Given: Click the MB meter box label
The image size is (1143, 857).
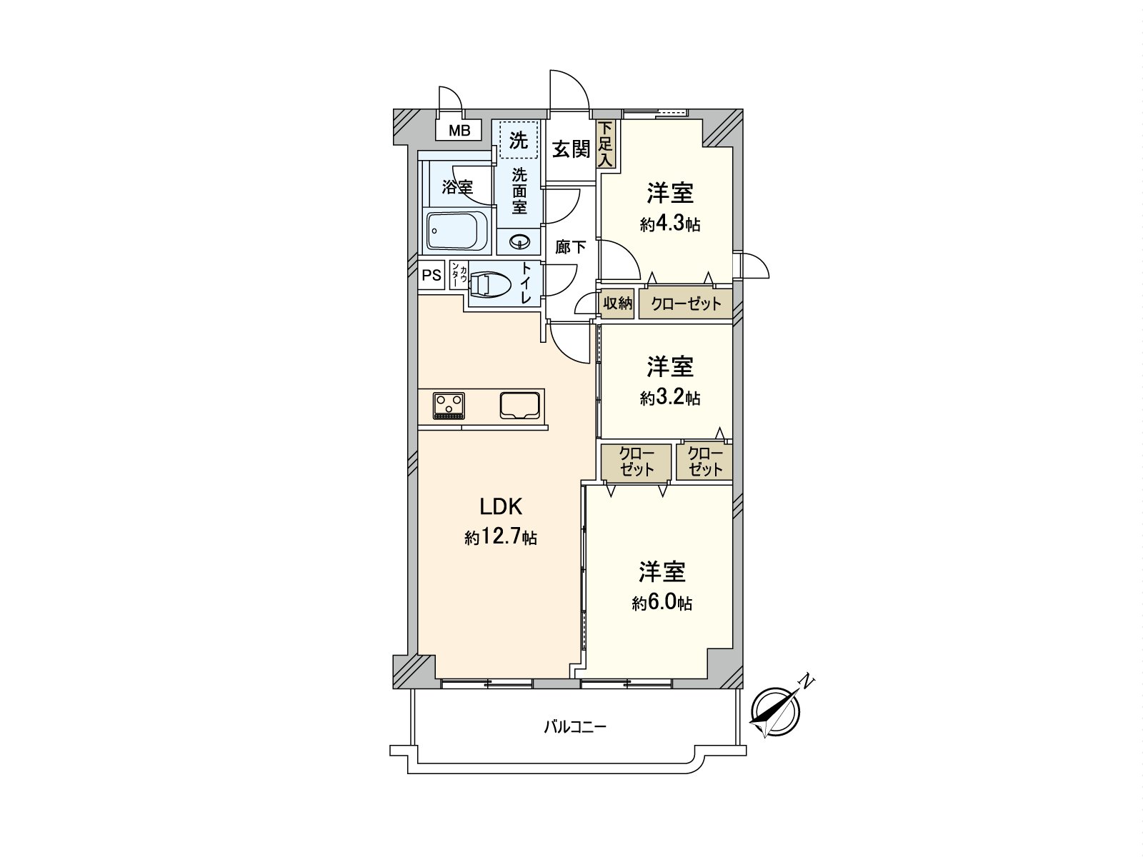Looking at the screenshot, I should tap(459, 131).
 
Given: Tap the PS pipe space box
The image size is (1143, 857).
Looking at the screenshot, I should tap(431, 275).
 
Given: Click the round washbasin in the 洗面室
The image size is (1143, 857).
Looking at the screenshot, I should tap(519, 241).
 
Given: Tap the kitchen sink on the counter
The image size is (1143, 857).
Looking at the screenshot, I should tap(520, 406).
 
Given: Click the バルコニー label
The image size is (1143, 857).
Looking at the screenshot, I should tap(575, 728).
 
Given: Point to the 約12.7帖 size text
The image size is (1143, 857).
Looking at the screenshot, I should tap(501, 537).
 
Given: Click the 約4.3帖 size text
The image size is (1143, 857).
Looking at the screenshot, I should tap(670, 224).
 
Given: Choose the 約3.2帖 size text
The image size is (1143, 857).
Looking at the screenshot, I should tap(670, 398).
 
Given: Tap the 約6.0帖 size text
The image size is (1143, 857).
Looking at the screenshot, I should tap(662, 603).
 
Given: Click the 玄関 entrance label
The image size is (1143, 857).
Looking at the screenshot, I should tap(571, 149).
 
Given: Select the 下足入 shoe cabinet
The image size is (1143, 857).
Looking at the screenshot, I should tap(606, 144).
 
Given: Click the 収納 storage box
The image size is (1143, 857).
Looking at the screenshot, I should tap(617, 304).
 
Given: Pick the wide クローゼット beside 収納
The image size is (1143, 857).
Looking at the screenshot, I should tap(686, 304).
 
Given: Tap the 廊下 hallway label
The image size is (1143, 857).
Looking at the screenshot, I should tap(571, 247).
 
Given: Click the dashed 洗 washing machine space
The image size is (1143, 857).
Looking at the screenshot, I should tap(519, 140).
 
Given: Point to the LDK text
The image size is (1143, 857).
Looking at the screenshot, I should tap(501, 506).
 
